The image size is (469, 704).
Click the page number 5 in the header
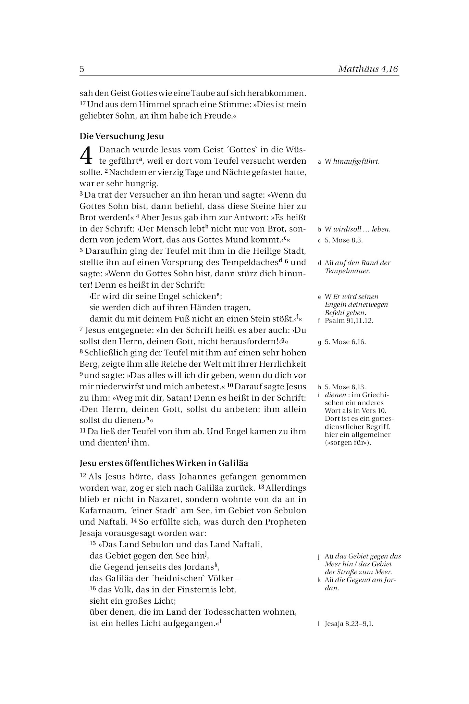click(x=82, y=69)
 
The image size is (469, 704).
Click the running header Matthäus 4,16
click(x=368, y=69)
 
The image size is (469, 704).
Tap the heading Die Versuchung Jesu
click(x=122, y=136)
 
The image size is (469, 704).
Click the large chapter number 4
click(x=86, y=155)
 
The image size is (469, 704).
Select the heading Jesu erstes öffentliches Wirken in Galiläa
click(x=164, y=463)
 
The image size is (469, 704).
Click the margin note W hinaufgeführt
click(x=352, y=162)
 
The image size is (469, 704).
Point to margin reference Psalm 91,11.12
click(x=349, y=321)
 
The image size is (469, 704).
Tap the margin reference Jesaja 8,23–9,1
click(x=349, y=624)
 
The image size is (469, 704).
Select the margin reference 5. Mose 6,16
click(x=345, y=342)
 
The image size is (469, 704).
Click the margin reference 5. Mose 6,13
click(x=345, y=387)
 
